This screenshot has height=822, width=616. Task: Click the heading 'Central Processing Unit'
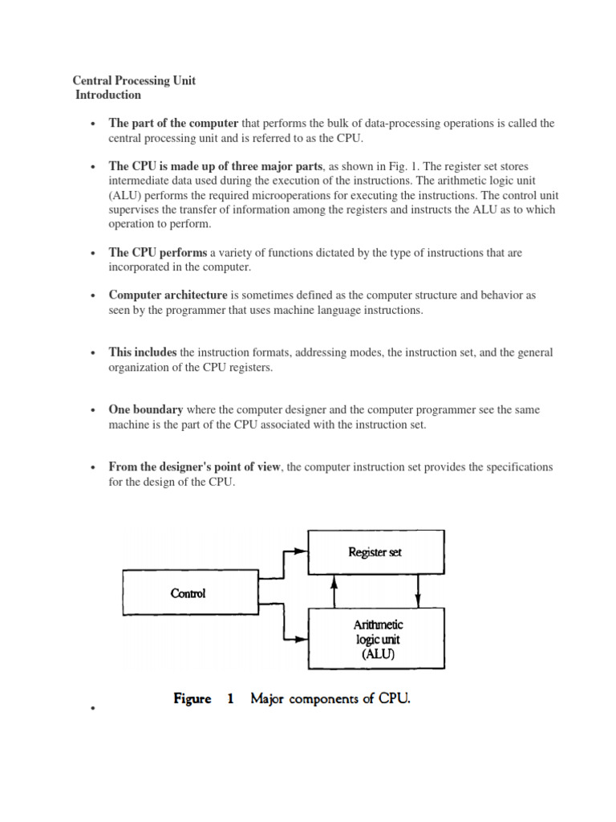pos(134,81)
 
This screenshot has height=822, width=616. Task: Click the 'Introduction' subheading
pos(108,95)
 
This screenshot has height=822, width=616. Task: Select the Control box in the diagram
pos(188,593)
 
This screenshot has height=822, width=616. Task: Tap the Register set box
pos(375,551)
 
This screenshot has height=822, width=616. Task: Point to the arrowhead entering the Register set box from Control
pos(301,551)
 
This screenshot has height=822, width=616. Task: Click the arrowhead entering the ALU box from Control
pos(301,640)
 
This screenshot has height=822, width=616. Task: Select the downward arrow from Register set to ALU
pos(416,592)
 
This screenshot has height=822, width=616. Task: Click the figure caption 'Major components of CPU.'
pos(330,699)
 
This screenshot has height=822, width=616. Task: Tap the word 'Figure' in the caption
pos(192,699)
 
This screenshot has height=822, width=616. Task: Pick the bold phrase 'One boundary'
pos(146,409)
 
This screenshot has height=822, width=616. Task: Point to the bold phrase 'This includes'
pos(144,352)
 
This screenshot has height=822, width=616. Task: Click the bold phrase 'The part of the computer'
pos(174,124)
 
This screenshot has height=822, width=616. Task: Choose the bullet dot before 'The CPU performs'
pos(94,254)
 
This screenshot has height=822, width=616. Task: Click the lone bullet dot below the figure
pos(94,710)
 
